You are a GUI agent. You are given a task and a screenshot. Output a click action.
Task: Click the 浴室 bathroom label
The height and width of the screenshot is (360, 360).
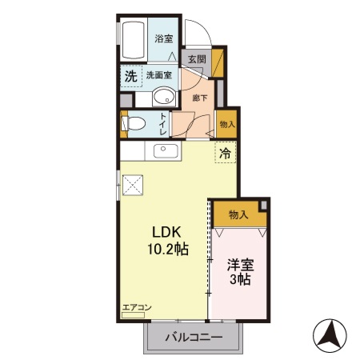pyautogui.click(x=164, y=38)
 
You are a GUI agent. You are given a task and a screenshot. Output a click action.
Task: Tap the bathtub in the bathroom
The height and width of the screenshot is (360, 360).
pyautogui.click(x=133, y=40)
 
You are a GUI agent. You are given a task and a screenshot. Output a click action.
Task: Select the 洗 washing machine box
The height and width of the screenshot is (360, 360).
pyautogui.click(x=130, y=77)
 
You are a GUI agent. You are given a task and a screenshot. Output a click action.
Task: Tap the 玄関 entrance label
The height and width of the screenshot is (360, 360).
pyautogui.click(x=197, y=59)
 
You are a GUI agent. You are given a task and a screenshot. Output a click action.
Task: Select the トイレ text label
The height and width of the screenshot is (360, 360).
pyautogui.click(x=163, y=125)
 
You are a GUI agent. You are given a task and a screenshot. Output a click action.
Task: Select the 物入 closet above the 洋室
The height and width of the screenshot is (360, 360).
pyautogui.click(x=238, y=214)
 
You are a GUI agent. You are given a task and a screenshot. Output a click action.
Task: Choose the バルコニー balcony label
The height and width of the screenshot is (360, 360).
pyautogui.click(x=193, y=337)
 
